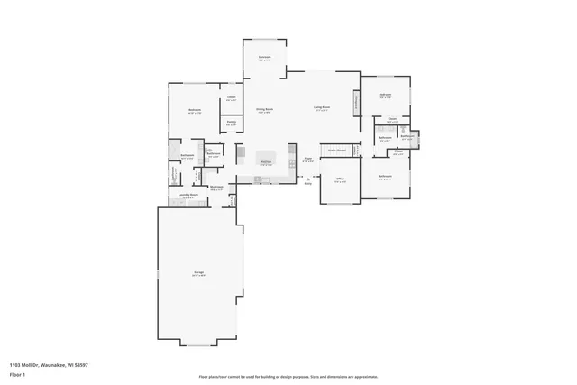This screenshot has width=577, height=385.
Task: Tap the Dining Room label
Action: (263, 109)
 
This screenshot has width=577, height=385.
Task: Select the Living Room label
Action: (321, 107)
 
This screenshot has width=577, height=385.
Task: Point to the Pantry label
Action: (231, 123)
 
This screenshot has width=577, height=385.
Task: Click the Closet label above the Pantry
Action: (232, 98)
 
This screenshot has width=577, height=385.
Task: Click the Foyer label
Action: (307, 160)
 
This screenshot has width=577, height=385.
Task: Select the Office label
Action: (340, 179)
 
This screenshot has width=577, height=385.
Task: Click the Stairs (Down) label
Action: (337, 150)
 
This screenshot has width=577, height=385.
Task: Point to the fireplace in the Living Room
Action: (357, 105)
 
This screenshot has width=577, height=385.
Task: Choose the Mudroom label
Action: (217, 188)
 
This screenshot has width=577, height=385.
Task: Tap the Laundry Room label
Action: (188, 196)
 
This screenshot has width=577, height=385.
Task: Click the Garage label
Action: (197, 272)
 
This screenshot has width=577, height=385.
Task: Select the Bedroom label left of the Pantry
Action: (194, 111)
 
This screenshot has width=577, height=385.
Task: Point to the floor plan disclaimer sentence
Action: (288, 376)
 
